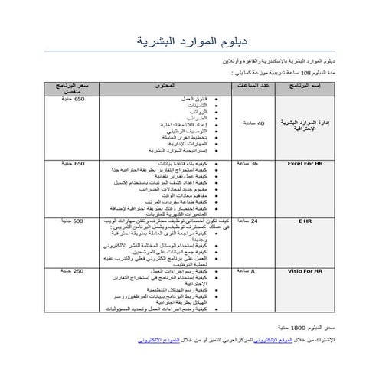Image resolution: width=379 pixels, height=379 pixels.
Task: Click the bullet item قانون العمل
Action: tap(181, 99)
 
